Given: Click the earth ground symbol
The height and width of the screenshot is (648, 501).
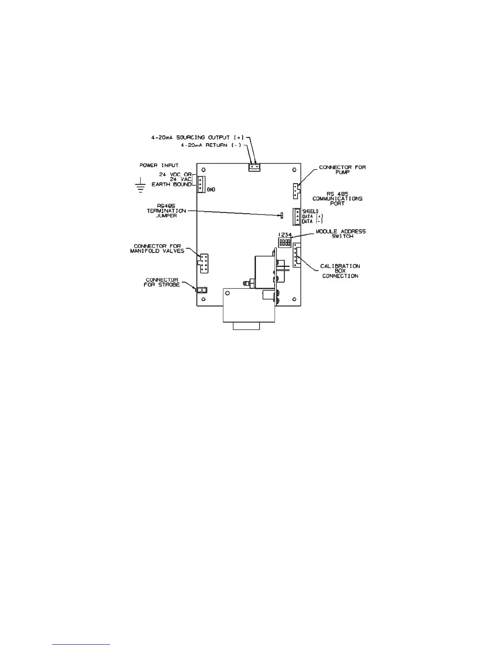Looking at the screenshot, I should [x=140, y=186].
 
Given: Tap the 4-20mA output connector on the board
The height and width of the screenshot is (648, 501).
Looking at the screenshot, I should [x=254, y=167].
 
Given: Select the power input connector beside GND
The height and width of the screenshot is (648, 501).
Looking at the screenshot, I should [x=201, y=184].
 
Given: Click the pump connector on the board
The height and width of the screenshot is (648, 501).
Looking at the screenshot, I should [x=296, y=191].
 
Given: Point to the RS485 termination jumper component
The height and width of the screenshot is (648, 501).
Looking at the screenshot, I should [x=282, y=215].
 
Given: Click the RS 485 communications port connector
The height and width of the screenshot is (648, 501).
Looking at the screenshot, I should [x=296, y=216].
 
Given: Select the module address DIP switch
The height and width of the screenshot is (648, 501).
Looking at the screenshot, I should [x=285, y=243].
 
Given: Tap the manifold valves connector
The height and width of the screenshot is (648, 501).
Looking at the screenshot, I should [x=203, y=263].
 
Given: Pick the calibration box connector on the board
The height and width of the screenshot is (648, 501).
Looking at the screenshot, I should [x=296, y=255].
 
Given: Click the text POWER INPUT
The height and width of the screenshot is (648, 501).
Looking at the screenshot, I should [x=159, y=165].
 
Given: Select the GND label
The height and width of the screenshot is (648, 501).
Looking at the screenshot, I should [x=211, y=190].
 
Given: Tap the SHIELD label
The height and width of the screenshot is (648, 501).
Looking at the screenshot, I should [x=310, y=211].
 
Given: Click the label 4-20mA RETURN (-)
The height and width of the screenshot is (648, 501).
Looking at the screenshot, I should [x=211, y=145].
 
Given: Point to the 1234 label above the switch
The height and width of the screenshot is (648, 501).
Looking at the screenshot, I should [x=285, y=235].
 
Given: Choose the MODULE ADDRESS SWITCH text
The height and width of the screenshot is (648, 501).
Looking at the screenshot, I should [x=341, y=234].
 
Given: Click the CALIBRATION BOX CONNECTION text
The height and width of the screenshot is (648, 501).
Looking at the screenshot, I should [x=340, y=271].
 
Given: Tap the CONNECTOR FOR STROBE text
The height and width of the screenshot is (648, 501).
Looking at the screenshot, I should [x=162, y=282].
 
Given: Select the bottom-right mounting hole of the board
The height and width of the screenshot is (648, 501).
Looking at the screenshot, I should [x=294, y=299].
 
